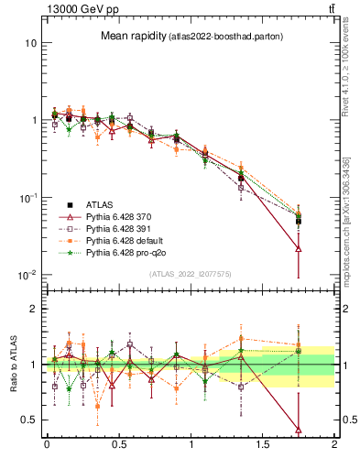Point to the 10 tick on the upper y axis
point(30,43)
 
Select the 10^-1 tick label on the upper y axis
point(27,198)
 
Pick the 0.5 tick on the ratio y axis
point(29,420)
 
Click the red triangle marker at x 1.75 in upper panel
point(299,248)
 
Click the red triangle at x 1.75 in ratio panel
point(299,429)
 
